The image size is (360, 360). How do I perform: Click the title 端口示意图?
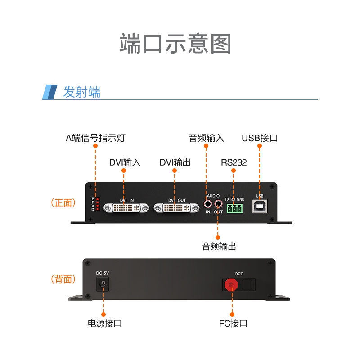(175, 44)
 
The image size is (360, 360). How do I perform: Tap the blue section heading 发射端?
(81, 92)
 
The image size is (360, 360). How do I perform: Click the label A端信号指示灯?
(95, 138)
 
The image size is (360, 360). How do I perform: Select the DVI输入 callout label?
(125, 162)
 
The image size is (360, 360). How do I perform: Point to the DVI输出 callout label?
(175, 162)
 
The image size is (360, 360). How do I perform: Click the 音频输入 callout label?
(206, 138)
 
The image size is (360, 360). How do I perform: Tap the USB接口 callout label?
(260, 138)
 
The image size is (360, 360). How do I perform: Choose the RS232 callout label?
(234, 162)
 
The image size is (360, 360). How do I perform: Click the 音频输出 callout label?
(219, 246)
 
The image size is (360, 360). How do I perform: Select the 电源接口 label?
(104, 323)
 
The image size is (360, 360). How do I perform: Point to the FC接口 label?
(233, 323)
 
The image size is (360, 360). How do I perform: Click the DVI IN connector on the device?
(126, 208)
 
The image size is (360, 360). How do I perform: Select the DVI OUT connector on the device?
(176, 208)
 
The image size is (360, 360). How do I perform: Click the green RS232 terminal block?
(234, 208)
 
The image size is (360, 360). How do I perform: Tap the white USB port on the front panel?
(260, 207)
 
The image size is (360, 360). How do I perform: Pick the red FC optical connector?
(232, 284)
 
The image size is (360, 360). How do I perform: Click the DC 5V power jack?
(103, 283)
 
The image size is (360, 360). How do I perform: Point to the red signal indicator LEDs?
(97, 204)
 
